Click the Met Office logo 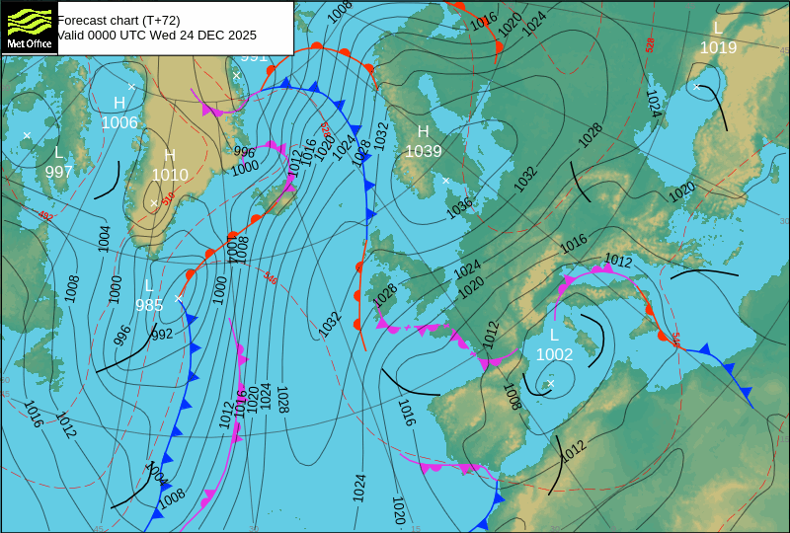pyautogui.click(x=30, y=28)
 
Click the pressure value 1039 pyautogui.click(x=423, y=151)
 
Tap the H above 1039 pyautogui.click(x=423, y=132)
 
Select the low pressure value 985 pyautogui.click(x=149, y=305)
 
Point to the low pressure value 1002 pyautogui.click(x=554, y=354)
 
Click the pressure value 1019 pyautogui.click(x=718, y=46)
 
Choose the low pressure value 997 pyautogui.click(x=58, y=172)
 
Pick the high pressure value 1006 pyautogui.click(x=119, y=122)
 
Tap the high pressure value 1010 pyautogui.click(x=169, y=175)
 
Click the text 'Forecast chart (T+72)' pyautogui.click(x=118, y=20)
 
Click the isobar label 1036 pyautogui.click(x=459, y=208)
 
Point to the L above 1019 pyautogui.click(x=718, y=28)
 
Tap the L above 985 pyautogui.click(x=149, y=286)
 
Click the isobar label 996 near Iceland pyautogui.click(x=244, y=152)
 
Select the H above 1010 pyautogui.click(x=169, y=156)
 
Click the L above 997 pyautogui.click(x=58, y=153)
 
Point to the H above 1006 pyautogui.click(x=119, y=104)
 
